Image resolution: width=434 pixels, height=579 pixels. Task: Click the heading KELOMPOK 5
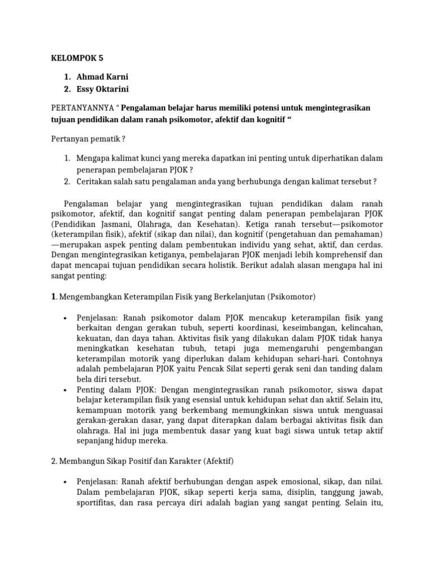(x=78, y=58)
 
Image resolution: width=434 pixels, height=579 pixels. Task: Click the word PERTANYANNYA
(x=83, y=108)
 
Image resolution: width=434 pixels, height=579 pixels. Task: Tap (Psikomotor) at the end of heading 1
(x=292, y=296)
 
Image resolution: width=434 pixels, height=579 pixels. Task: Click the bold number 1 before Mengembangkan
(x=54, y=296)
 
